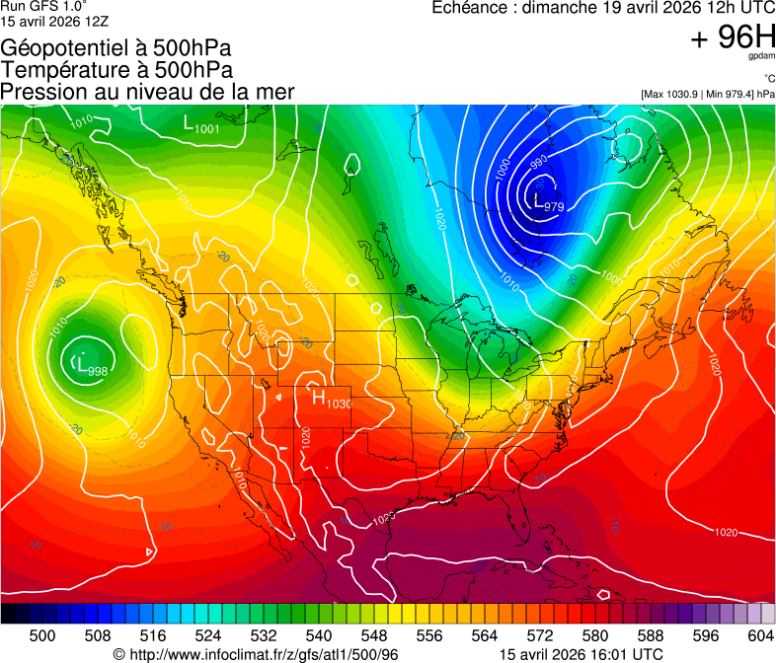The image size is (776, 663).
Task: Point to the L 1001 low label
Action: [201, 124]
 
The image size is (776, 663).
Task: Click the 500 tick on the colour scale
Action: [41, 635]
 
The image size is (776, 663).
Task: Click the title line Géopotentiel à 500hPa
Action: [116, 48]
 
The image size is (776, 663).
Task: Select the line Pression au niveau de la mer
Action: [148, 92]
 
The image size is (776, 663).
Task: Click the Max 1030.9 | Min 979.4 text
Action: [708, 94]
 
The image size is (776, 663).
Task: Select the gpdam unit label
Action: [761, 56]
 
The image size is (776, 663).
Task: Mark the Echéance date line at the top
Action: [603, 8]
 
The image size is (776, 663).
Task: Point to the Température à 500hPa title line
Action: [116, 70]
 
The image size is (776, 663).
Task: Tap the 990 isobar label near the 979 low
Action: [538, 161]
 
